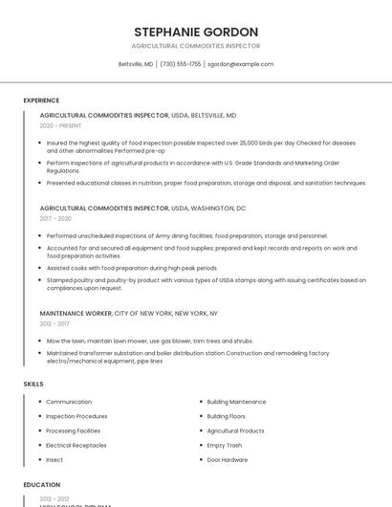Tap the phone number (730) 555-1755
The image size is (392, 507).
click(x=181, y=64)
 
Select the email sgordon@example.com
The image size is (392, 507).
click(x=241, y=64)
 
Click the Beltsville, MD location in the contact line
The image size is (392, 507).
click(x=136, y=64)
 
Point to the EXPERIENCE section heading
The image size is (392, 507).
click(x=41, y=99)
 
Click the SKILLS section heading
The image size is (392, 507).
click(x=33, y=384)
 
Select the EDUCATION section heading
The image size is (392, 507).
click(x=42, y=485)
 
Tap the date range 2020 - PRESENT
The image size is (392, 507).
click(x=60, y=125)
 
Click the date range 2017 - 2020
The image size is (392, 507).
click(x=55, y=218)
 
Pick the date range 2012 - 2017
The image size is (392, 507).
click(x=55, y=323)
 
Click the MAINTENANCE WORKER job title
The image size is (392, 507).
click(x=76, y=313)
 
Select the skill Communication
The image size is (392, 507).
click(x=69, y=402)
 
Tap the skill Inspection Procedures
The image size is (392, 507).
click(x=76, y=416)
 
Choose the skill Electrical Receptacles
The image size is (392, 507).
click(x=76, y=445)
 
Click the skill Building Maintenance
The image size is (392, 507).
click(x=236, y=402)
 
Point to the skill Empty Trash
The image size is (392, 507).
click(x=224, y=445)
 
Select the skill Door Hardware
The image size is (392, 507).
click(x=227, y=459)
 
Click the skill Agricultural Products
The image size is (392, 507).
click(x=235, y=430)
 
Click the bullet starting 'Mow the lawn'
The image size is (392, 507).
click(x=149, y=341)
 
